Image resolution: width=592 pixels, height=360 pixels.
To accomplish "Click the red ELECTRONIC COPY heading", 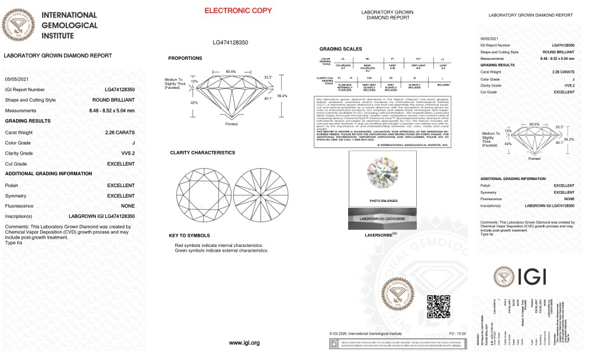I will (x=230, y=11).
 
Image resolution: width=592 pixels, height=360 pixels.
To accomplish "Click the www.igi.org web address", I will (x=244, y=343).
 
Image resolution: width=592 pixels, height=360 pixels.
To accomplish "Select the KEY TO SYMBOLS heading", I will (x=190, y=235).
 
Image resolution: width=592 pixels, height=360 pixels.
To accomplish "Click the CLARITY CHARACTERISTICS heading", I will (x=202, y=153).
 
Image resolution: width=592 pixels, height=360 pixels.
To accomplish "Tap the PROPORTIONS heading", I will (x=185, y=58).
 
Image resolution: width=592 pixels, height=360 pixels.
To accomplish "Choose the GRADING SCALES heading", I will (x=341, y=49).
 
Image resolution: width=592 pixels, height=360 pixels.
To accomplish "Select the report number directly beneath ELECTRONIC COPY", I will (x=230, y=43).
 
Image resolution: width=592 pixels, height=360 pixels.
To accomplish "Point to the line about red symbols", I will (x=218, y=245).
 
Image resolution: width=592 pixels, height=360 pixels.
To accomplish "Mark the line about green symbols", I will (x=221, y=250).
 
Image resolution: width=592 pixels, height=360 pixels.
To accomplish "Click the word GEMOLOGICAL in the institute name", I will (x=68, y=25).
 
